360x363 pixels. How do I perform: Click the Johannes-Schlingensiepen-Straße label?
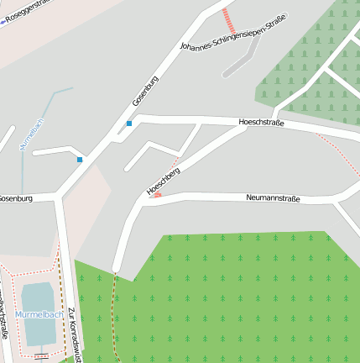(233, 34)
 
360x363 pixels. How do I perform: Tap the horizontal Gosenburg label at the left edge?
(15, 198)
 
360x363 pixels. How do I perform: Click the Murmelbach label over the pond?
(39, 315)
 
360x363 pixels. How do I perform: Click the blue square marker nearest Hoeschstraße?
(129, 124)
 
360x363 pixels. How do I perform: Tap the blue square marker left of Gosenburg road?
(80, 159)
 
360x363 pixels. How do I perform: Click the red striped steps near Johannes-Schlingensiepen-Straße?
(229, 20)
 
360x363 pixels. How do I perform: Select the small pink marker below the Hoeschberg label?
(157, 195)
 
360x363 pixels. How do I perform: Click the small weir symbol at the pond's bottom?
(41, 355)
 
